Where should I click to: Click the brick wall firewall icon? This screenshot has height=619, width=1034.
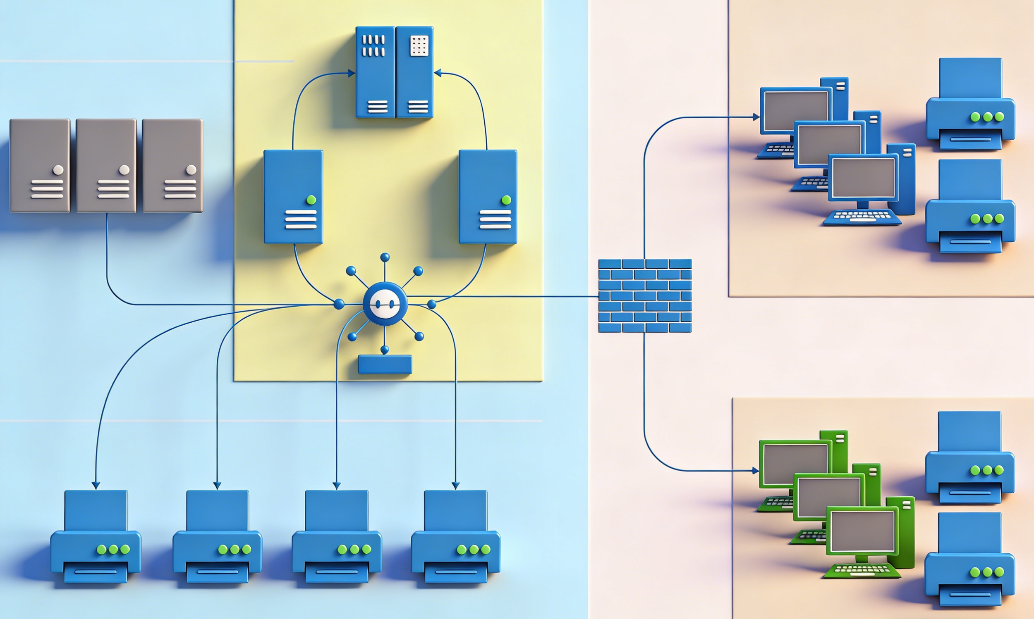pyautogui.click(x=644, y=295)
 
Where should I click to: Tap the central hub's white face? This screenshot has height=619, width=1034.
pyautogui.click(x=385, y=304)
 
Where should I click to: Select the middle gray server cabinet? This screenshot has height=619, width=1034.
pyautogui.click(x=106, y=166)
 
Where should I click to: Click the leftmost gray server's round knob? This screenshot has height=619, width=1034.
pyautogui.click(x=58, y=170)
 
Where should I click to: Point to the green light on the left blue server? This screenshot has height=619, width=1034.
pyautogui.click(x=311, y=200)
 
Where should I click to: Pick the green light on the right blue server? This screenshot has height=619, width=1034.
pyautogui.click(x=506, y=200)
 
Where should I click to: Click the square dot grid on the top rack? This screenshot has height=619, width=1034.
pyautogui.click(x=419, y=45)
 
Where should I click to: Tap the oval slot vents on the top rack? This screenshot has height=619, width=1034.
pyautogui.click(x=373, y=45)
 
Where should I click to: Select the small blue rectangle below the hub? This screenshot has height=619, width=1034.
pyautogui.click(x=385, y=364)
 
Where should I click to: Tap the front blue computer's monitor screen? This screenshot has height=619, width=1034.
pyautogui.click(x=863, y=178)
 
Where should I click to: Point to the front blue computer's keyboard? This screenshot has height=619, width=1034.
pyautogui.click(x=862, y=217)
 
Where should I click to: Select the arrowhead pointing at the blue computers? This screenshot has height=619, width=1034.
pyautogui.click(x=756, y=117)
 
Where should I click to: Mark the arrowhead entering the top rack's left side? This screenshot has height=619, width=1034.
pyautogui.click(x=352, y=73)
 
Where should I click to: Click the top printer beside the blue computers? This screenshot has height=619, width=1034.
pyautogui.click(x=970, y=104)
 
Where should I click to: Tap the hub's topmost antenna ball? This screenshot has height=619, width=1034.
pyautogui.click(x=385, y=257)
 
